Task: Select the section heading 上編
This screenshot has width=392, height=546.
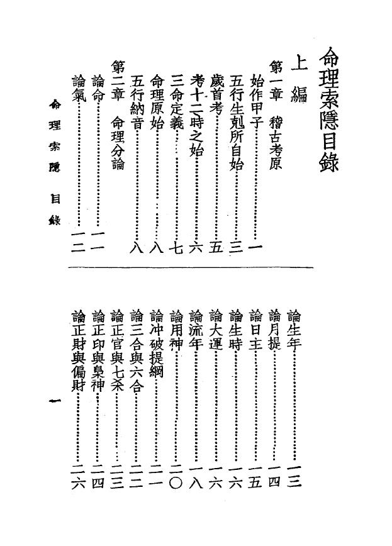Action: click(299, 81)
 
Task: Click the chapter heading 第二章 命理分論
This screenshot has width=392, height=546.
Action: click(118, 115)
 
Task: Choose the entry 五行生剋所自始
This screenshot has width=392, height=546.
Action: click(237, 121)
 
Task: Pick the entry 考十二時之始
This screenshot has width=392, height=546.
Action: click(196, 114)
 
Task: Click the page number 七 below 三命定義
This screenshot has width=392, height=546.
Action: click(177, 247)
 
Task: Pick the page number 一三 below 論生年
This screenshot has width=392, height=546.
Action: click(294, 476)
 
